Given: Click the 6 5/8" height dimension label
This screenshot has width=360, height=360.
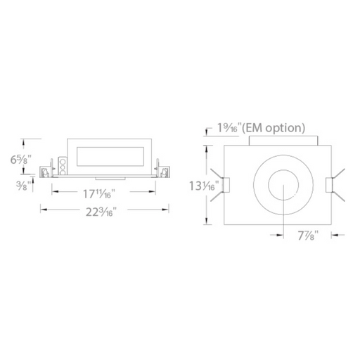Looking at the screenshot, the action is tap(21, 160).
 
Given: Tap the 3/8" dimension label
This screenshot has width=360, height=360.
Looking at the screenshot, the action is tap(23, 186).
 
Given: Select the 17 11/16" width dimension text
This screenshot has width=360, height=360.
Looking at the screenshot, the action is tap(99, 194).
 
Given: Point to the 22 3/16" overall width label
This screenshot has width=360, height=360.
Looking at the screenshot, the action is tap(101, 212).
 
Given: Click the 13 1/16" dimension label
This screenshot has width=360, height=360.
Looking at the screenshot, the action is tap(204, 186).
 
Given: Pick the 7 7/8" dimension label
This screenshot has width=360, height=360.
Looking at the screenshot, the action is tap(308, 236).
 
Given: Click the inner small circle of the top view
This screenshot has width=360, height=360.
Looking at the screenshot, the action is tap(283, 170).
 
